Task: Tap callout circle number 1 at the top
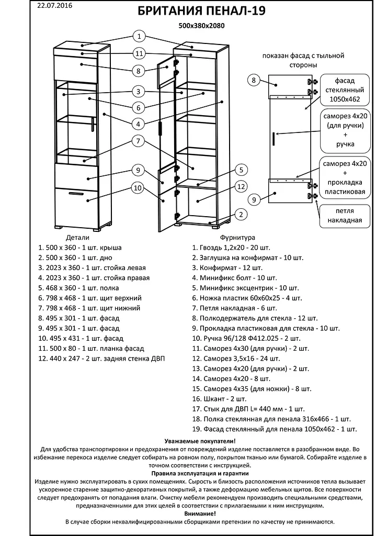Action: pyautogui.click(x=139, y=36)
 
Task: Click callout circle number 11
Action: pyautogui.click(x=139, y=53)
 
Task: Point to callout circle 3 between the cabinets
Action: pyautogui.click(x=139, y=92)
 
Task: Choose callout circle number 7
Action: pyautogui.click(x=139, y=141)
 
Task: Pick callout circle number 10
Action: pyautogui.click(x=138, y=188)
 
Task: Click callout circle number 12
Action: pyautogui.click(x=241, y=186)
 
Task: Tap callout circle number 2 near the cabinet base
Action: pyautogui.click(x=241, y=214)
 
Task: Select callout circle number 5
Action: pyautogui.click(x=241, y=170)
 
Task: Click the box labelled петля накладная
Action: pyautogui.click(x=342, y=215)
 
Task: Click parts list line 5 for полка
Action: pyautogui.click(x=78, y=288)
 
